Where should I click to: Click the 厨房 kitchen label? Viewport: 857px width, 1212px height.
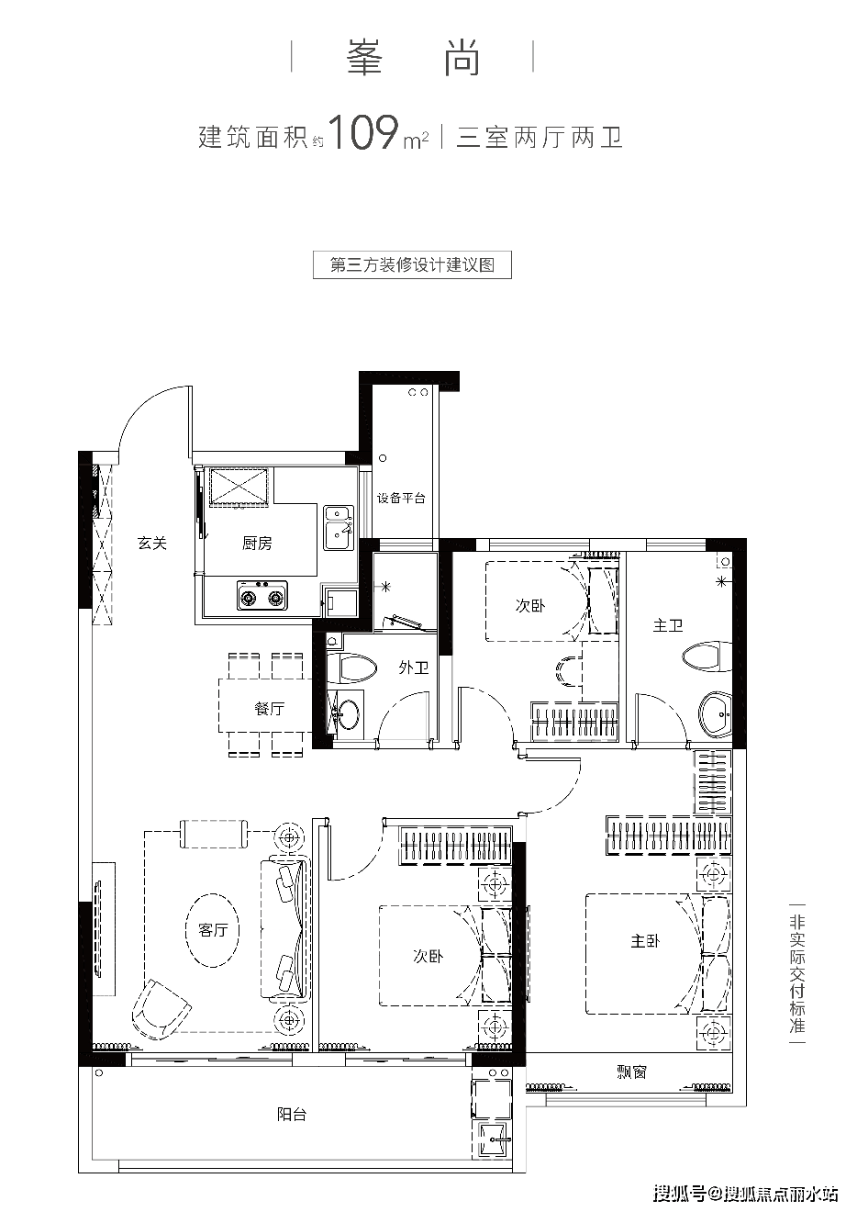tap(257, 544)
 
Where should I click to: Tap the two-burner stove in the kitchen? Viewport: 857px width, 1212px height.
tap(262, 596)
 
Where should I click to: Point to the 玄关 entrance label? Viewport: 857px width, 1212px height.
tap(152, 543)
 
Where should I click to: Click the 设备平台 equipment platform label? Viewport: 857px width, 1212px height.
tap(401, 499)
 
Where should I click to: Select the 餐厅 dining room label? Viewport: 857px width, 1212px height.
tap(269, 708)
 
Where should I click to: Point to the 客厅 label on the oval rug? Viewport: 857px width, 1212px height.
tap(213, 930)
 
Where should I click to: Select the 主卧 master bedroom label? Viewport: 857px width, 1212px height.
tap(645, 941)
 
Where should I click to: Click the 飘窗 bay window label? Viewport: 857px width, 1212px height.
tap(631, 1071)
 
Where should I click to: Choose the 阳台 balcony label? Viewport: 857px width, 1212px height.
tap(292, 1115)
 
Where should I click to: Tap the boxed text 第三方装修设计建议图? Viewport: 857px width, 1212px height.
tap(412, 265)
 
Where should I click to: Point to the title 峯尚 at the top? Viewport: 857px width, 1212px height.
tap(414, 57)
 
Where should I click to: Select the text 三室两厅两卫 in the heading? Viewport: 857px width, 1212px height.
tap(540, 138)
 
